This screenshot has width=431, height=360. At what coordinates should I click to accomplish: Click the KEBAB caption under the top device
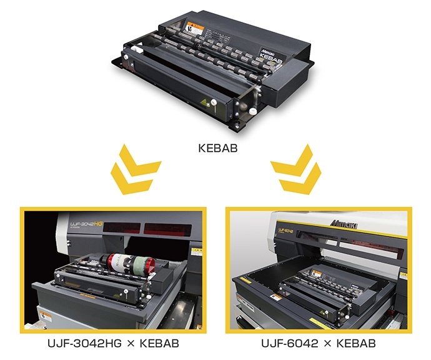coord(215,150)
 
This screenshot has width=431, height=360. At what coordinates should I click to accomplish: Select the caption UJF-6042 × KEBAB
coord(319,344)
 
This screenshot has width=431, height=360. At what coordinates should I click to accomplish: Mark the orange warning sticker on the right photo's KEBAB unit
coord(317,274)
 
